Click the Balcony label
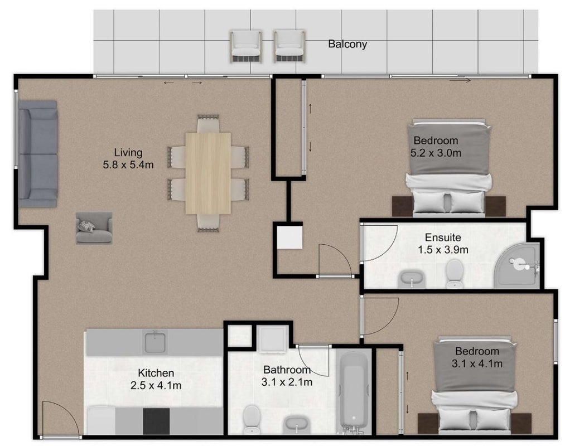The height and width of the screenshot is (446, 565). [347, 44]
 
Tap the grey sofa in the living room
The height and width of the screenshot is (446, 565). [38, 154]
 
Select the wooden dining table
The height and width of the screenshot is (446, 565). [208, 173]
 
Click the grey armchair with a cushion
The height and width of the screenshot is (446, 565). [94, 227]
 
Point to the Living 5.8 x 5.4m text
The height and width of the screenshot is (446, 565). [128, 158]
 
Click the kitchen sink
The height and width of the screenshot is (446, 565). [155, 342]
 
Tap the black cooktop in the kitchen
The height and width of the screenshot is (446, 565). [156, 421]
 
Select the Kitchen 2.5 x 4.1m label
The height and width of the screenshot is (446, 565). [156, 379]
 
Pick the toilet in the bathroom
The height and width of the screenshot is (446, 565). [251, 419]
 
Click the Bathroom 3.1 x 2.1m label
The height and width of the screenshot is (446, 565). [287, 376]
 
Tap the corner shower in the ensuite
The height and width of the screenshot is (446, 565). [518, 265]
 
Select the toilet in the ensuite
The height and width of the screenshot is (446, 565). [455, 273]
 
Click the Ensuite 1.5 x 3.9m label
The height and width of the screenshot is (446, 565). [443, 244]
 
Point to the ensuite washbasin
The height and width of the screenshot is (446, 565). [412, 279]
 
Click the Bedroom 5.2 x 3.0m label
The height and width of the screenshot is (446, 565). [436, 147]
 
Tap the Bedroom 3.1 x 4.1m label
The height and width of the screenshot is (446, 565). [477, 357]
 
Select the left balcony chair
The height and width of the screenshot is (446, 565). [245, 46]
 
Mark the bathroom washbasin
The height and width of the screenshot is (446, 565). [297, 425]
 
